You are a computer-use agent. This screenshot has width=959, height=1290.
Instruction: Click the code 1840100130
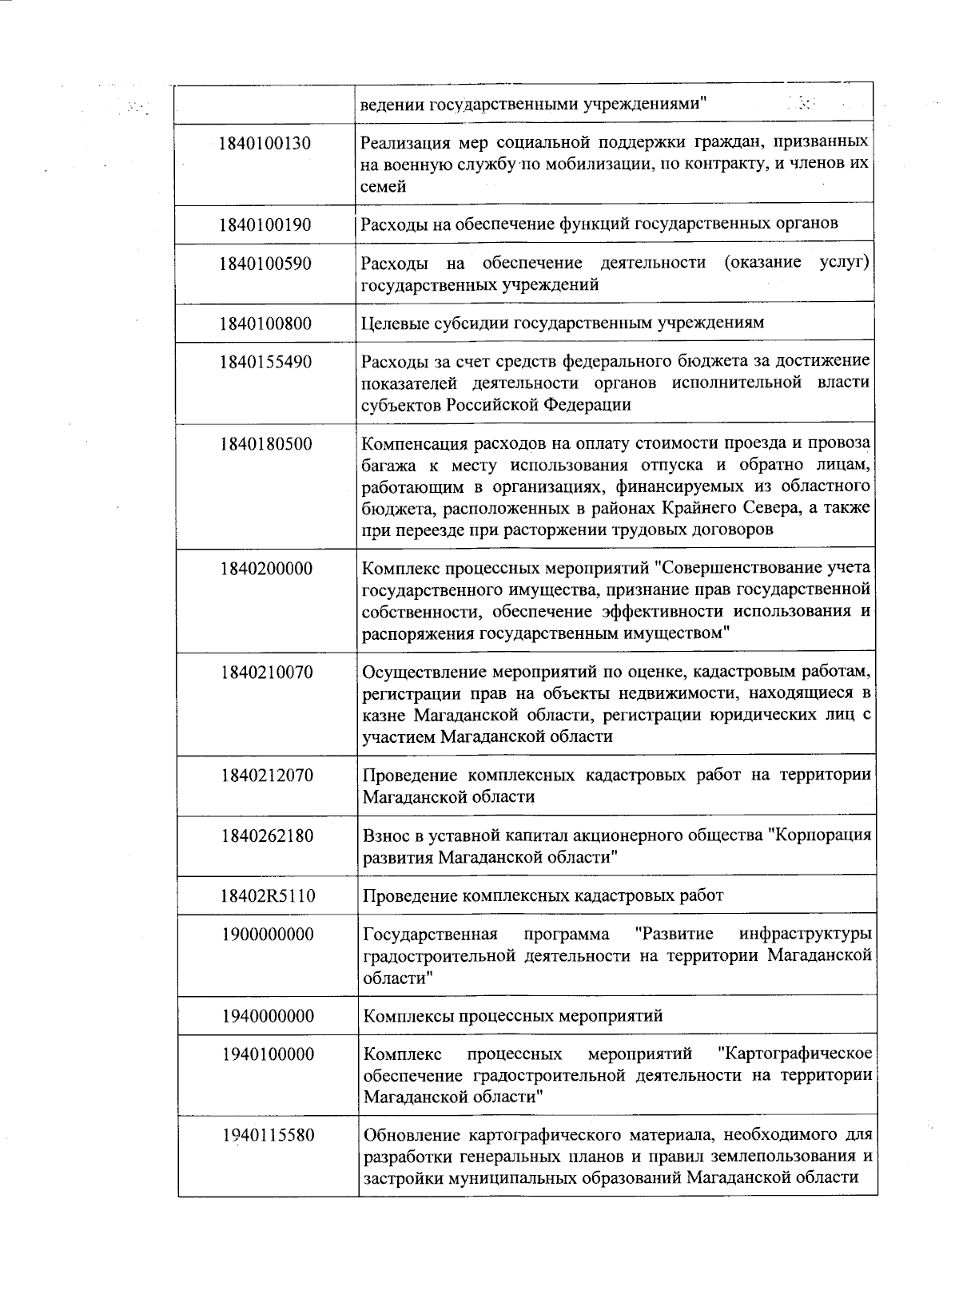pos(265,145)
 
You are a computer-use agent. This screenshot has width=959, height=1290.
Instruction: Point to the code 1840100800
pos(265,324)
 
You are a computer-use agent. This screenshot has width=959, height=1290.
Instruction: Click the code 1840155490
pos(265,363)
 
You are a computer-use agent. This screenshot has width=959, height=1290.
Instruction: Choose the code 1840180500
pos(265,445)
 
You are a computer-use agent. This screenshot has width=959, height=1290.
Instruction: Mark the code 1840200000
pos(266,570)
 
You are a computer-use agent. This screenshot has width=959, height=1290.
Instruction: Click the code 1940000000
pos(268,1017)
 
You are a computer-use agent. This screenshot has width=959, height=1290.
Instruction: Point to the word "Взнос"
pos(386,836)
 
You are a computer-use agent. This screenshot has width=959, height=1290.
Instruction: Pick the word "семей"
pos(384,187)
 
